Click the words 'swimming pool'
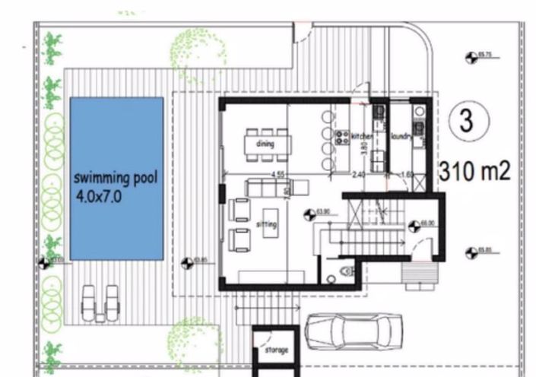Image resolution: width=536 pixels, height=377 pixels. point(116,179)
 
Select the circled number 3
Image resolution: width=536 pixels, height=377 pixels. point(463,119)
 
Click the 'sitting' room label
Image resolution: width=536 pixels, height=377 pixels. point(267,225)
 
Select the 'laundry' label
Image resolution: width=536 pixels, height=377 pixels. point(401,137)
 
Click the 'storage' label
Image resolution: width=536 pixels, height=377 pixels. point(276,351)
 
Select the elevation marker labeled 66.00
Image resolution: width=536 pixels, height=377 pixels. point(414,226)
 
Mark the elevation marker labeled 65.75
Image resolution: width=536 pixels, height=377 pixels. point(471,56)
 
